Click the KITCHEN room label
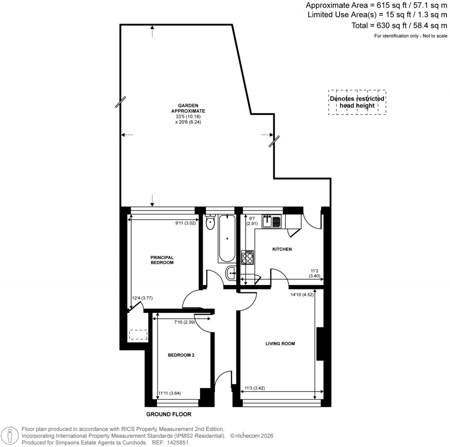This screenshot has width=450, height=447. (x=282, y=249)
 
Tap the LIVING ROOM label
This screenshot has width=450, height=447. (x=280, y=343)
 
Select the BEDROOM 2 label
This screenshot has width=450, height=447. (x=181, y=355)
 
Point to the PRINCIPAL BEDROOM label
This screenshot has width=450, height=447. (x=162, y=260)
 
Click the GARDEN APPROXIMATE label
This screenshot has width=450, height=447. (x=188, y=108)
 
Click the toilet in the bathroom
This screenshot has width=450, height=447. (x=210, y=222)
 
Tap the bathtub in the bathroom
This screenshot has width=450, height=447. (x=227, y=238)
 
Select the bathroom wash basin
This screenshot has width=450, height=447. (x=231, y=274)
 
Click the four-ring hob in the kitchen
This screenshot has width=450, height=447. (x=247, y=257)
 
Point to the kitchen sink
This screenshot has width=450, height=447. (x=271, y=221)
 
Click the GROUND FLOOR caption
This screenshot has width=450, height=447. (x=169, y=414)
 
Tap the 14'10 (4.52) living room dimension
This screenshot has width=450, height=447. (x=301, y=295)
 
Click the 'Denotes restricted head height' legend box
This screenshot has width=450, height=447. (x=357, y=102)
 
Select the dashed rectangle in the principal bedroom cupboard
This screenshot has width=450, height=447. (x=138, y=335)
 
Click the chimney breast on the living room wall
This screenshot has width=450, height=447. (x=320, y=344)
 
